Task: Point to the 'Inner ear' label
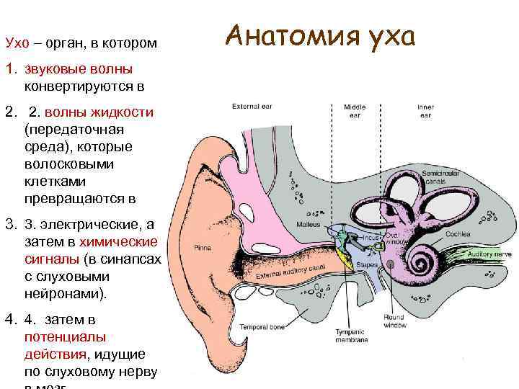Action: [425, 111]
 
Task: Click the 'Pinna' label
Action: [203, 247]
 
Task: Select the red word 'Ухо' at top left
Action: [17, 43]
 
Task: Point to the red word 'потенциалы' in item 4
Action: [56, 336]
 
